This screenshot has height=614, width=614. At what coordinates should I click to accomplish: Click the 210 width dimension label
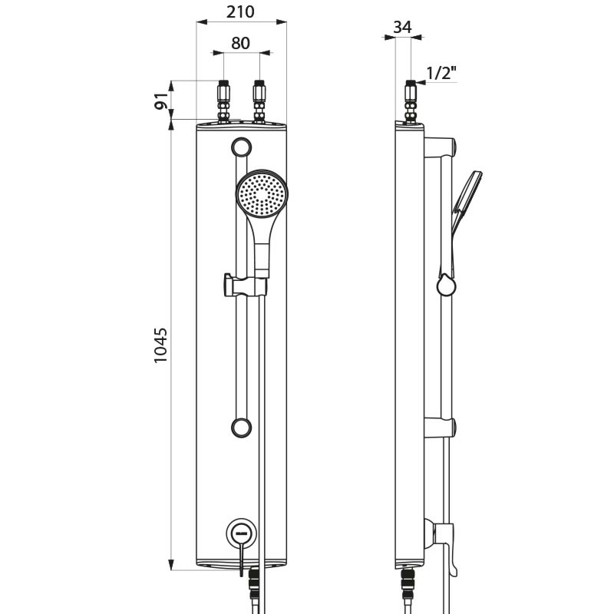(x=241, y=12)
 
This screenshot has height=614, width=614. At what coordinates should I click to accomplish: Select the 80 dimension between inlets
(x=240, y=43)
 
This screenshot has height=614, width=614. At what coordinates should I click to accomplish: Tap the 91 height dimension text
(x=160, y=101)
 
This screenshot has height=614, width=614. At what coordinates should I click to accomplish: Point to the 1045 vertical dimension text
(x=160, y=345)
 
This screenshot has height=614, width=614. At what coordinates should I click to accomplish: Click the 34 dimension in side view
(x=402, y=27)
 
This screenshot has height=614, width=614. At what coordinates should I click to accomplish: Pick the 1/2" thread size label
(x=441, y=73)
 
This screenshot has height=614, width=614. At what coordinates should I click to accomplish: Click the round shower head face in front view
(x=262, y=194)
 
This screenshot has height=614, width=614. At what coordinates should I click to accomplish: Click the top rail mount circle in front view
(x=242, y=146)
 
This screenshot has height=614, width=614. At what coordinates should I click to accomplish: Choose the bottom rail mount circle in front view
(x=242, y=427)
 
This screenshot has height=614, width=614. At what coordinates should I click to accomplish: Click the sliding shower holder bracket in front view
(x=244, y=285)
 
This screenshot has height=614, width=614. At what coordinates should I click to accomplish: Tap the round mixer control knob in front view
(x=241, y=531)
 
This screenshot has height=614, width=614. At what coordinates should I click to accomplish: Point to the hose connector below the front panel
(x=255, y=591)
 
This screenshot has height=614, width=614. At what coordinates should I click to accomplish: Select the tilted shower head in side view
(x=466, y=201)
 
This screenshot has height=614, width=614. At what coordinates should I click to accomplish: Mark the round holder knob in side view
(x=446, y=286)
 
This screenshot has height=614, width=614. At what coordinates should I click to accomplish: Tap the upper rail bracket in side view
(x=441, y=146)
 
